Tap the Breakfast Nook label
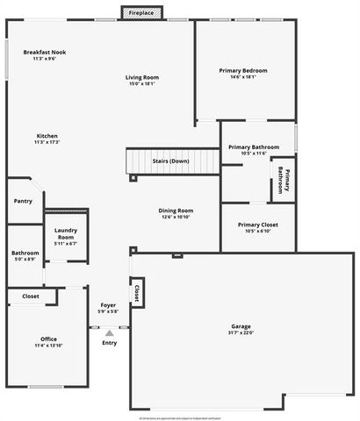coord(44,53)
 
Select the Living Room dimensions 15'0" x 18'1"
coord(142,84)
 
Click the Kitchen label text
coord(47,136)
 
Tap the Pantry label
coord(23,201)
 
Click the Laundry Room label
coord(66,235)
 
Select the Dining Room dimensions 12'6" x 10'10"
coord(176,217)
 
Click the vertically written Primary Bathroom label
coord(284,179)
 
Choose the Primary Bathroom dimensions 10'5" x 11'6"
coord(254,153)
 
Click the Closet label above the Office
coord(31,296)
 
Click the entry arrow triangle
coord(110,333)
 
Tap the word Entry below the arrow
coord(110,343)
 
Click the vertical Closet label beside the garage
coord(137,292)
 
